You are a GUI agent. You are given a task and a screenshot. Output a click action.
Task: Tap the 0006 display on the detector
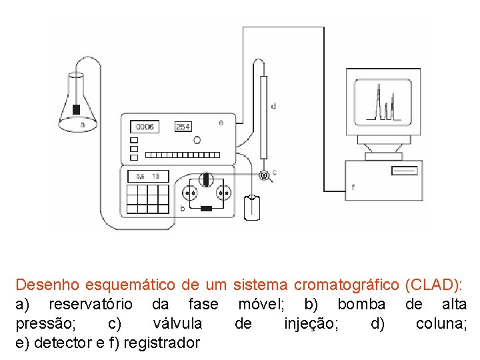click(144, 127)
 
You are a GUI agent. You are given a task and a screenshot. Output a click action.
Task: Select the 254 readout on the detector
click(183, 127)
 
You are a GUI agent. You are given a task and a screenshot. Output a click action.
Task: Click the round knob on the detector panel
click(197, 140)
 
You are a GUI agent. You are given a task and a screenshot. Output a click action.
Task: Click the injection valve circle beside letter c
click(264, 175)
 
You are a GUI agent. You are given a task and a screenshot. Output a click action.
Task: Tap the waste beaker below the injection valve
click(251, 207)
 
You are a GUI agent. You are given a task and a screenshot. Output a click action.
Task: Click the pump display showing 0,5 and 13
click(147, 177)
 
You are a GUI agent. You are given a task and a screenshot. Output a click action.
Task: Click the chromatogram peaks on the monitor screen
click(385, 103)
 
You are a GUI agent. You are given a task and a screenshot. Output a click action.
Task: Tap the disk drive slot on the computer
click(404, 172)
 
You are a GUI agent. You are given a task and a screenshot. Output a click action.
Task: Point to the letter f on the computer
click(353, 188)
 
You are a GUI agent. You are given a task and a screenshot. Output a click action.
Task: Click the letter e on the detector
click(221, 123)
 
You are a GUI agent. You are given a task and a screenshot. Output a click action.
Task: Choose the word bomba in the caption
click(361, 305)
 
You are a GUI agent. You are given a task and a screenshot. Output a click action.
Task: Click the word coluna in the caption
click(441, 324)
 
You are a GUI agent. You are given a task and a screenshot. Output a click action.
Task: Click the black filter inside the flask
click(77, 109)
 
